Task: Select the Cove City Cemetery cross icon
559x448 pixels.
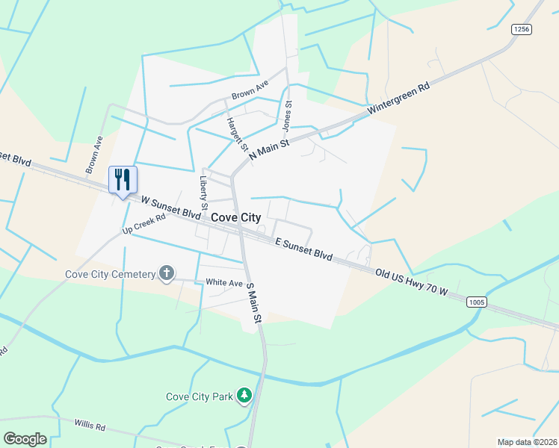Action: (167, 274)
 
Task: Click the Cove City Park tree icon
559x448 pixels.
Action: (244, 395)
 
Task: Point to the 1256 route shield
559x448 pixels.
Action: (521, 29)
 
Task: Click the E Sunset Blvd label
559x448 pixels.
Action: (303, 249)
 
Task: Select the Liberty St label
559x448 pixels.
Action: (203, 192)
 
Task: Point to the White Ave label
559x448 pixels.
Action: (225, 283)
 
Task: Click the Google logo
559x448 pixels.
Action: (25, 439)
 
